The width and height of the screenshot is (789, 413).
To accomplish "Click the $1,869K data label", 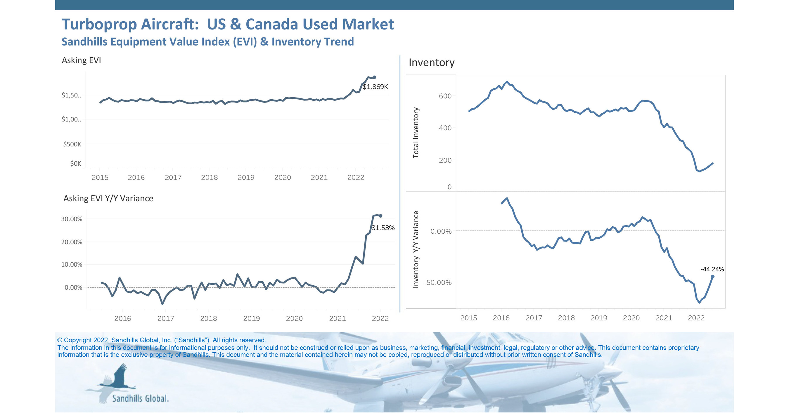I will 375,87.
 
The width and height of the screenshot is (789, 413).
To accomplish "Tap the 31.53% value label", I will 383,228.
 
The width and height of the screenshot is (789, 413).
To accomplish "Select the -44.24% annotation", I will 712,269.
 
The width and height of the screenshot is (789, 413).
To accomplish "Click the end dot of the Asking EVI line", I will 374,77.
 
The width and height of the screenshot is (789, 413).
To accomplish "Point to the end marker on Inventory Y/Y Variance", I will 712,277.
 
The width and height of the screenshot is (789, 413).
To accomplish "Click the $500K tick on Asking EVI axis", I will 72,144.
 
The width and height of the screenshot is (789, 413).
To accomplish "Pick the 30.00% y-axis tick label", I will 72,219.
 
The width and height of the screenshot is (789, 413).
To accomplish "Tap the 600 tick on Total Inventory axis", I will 445,96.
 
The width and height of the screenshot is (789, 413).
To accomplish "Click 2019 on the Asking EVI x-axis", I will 246,178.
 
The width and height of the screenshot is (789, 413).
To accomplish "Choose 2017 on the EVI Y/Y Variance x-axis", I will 166,319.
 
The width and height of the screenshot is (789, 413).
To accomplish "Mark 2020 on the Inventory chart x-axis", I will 631,318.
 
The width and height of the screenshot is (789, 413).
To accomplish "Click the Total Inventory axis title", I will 416,133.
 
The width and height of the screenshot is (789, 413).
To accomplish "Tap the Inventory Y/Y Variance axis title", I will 416,249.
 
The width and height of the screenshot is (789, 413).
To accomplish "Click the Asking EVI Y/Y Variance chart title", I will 108,198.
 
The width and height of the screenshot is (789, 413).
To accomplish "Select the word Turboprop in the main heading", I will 99,25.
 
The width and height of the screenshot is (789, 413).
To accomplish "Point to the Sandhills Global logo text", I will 140,399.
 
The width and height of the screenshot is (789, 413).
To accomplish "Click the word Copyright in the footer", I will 77,340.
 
